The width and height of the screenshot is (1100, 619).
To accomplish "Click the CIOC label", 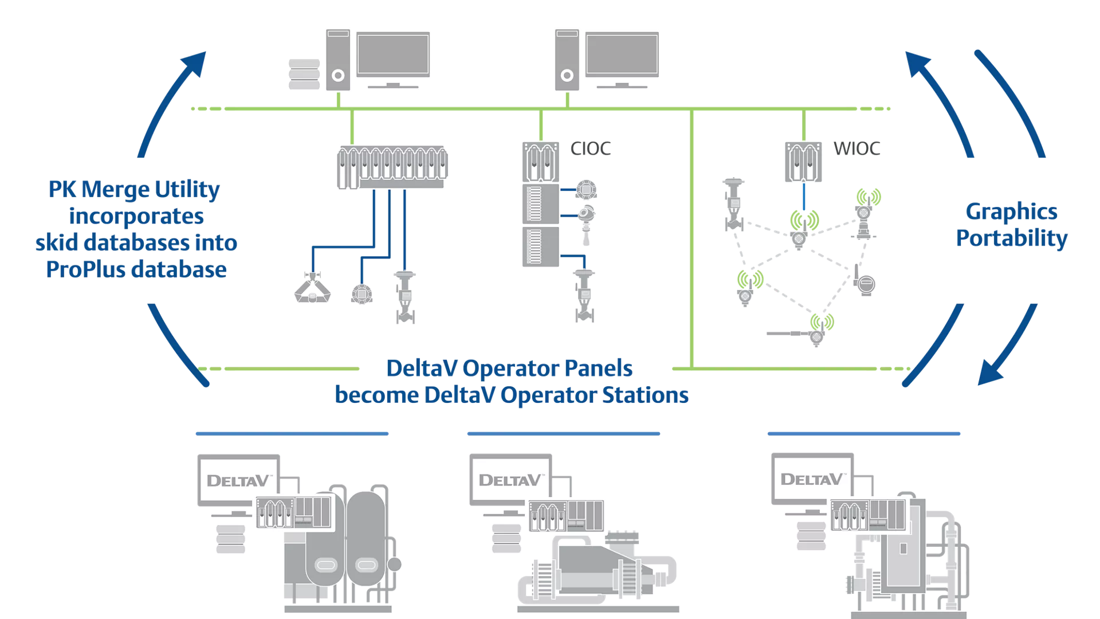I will tap(590, 148).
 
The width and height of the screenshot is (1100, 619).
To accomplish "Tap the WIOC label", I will tap(857, 148).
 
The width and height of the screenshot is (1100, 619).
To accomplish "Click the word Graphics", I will tap(1011, 211).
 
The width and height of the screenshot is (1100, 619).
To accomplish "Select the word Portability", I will tap(1012, 238).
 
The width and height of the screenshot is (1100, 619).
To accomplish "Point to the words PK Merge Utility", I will tap(134, 189).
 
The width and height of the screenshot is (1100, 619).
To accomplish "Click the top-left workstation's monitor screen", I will tap(393, 54).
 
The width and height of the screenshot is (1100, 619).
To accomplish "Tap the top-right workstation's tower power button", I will tap(567, 75).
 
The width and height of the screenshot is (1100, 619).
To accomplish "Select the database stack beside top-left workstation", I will tap(304, 75).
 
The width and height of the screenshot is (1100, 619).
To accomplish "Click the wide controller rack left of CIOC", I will tap(392, 167).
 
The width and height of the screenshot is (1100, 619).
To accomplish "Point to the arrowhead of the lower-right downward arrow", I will tap(989, 374).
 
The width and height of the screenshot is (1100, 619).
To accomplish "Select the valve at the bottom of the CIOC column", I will tap(584, 296).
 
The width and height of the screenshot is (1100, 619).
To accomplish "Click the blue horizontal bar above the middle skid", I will tap(563, 434).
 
